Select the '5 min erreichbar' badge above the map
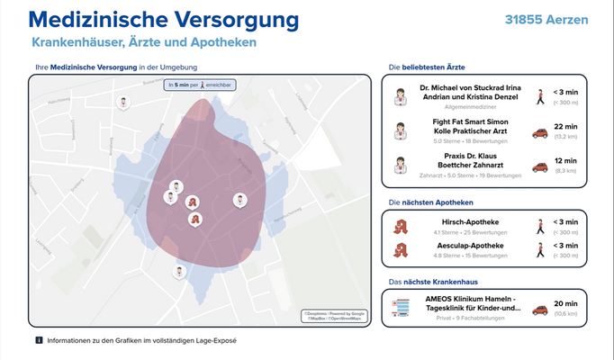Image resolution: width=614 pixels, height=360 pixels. [x=198, y=84]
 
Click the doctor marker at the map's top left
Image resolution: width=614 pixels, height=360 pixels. [x=122, y=103]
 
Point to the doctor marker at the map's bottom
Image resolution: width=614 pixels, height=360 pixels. [x=180, y=271]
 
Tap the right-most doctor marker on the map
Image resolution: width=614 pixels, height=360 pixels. [x=239, y=199]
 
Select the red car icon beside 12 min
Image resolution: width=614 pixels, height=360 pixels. [x=540, y=166]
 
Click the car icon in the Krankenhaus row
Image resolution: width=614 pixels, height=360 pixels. [x=540, y=310]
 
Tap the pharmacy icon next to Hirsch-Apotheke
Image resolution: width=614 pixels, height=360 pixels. [x=401, y=226]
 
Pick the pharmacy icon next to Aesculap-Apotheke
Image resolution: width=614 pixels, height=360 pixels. [x=401, y=249]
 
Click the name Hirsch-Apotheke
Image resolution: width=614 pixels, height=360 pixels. [x=470, y=221]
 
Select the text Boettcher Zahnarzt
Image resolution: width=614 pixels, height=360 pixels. [x=470, y=166]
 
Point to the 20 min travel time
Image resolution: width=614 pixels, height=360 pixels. [x=565, y=303]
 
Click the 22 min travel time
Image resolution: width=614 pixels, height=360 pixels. [x=565, y=127]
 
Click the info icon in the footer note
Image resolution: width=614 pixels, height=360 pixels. [x=39, y=340]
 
